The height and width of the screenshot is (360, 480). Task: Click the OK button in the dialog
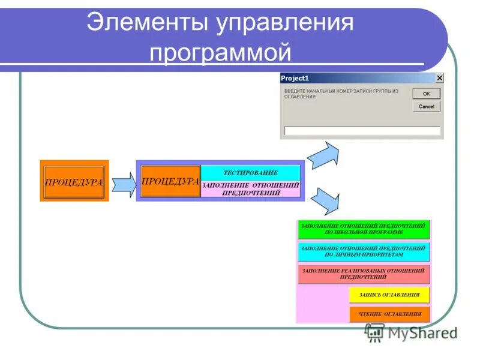click(426, 94)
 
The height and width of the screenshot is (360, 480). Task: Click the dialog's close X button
click(440, 78)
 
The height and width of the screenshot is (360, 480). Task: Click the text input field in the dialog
click(362, 131)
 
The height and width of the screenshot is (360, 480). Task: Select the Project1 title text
click(295, 78)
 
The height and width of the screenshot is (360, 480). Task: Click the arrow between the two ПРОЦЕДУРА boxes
click(124, 184)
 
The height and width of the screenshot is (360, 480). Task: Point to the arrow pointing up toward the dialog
click(325, 154)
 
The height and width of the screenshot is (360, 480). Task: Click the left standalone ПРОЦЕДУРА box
click(74, 181)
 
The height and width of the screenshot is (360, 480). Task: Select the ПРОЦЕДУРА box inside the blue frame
click(170, 181)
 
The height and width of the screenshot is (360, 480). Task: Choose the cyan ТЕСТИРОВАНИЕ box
click(250, 173)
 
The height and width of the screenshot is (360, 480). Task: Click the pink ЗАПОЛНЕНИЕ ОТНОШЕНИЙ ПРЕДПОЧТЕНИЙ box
click(250, 189)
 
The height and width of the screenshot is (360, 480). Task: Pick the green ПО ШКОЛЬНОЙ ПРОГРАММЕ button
click(364, 229)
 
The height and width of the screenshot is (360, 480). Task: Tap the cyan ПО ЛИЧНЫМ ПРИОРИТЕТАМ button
click(364, 251)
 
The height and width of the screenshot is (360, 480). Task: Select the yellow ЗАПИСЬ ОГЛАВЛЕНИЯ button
click(389, 295)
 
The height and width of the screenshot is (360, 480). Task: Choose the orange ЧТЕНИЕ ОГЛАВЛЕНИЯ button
click(389, 314)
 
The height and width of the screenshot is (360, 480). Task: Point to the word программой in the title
click(220, 52)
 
